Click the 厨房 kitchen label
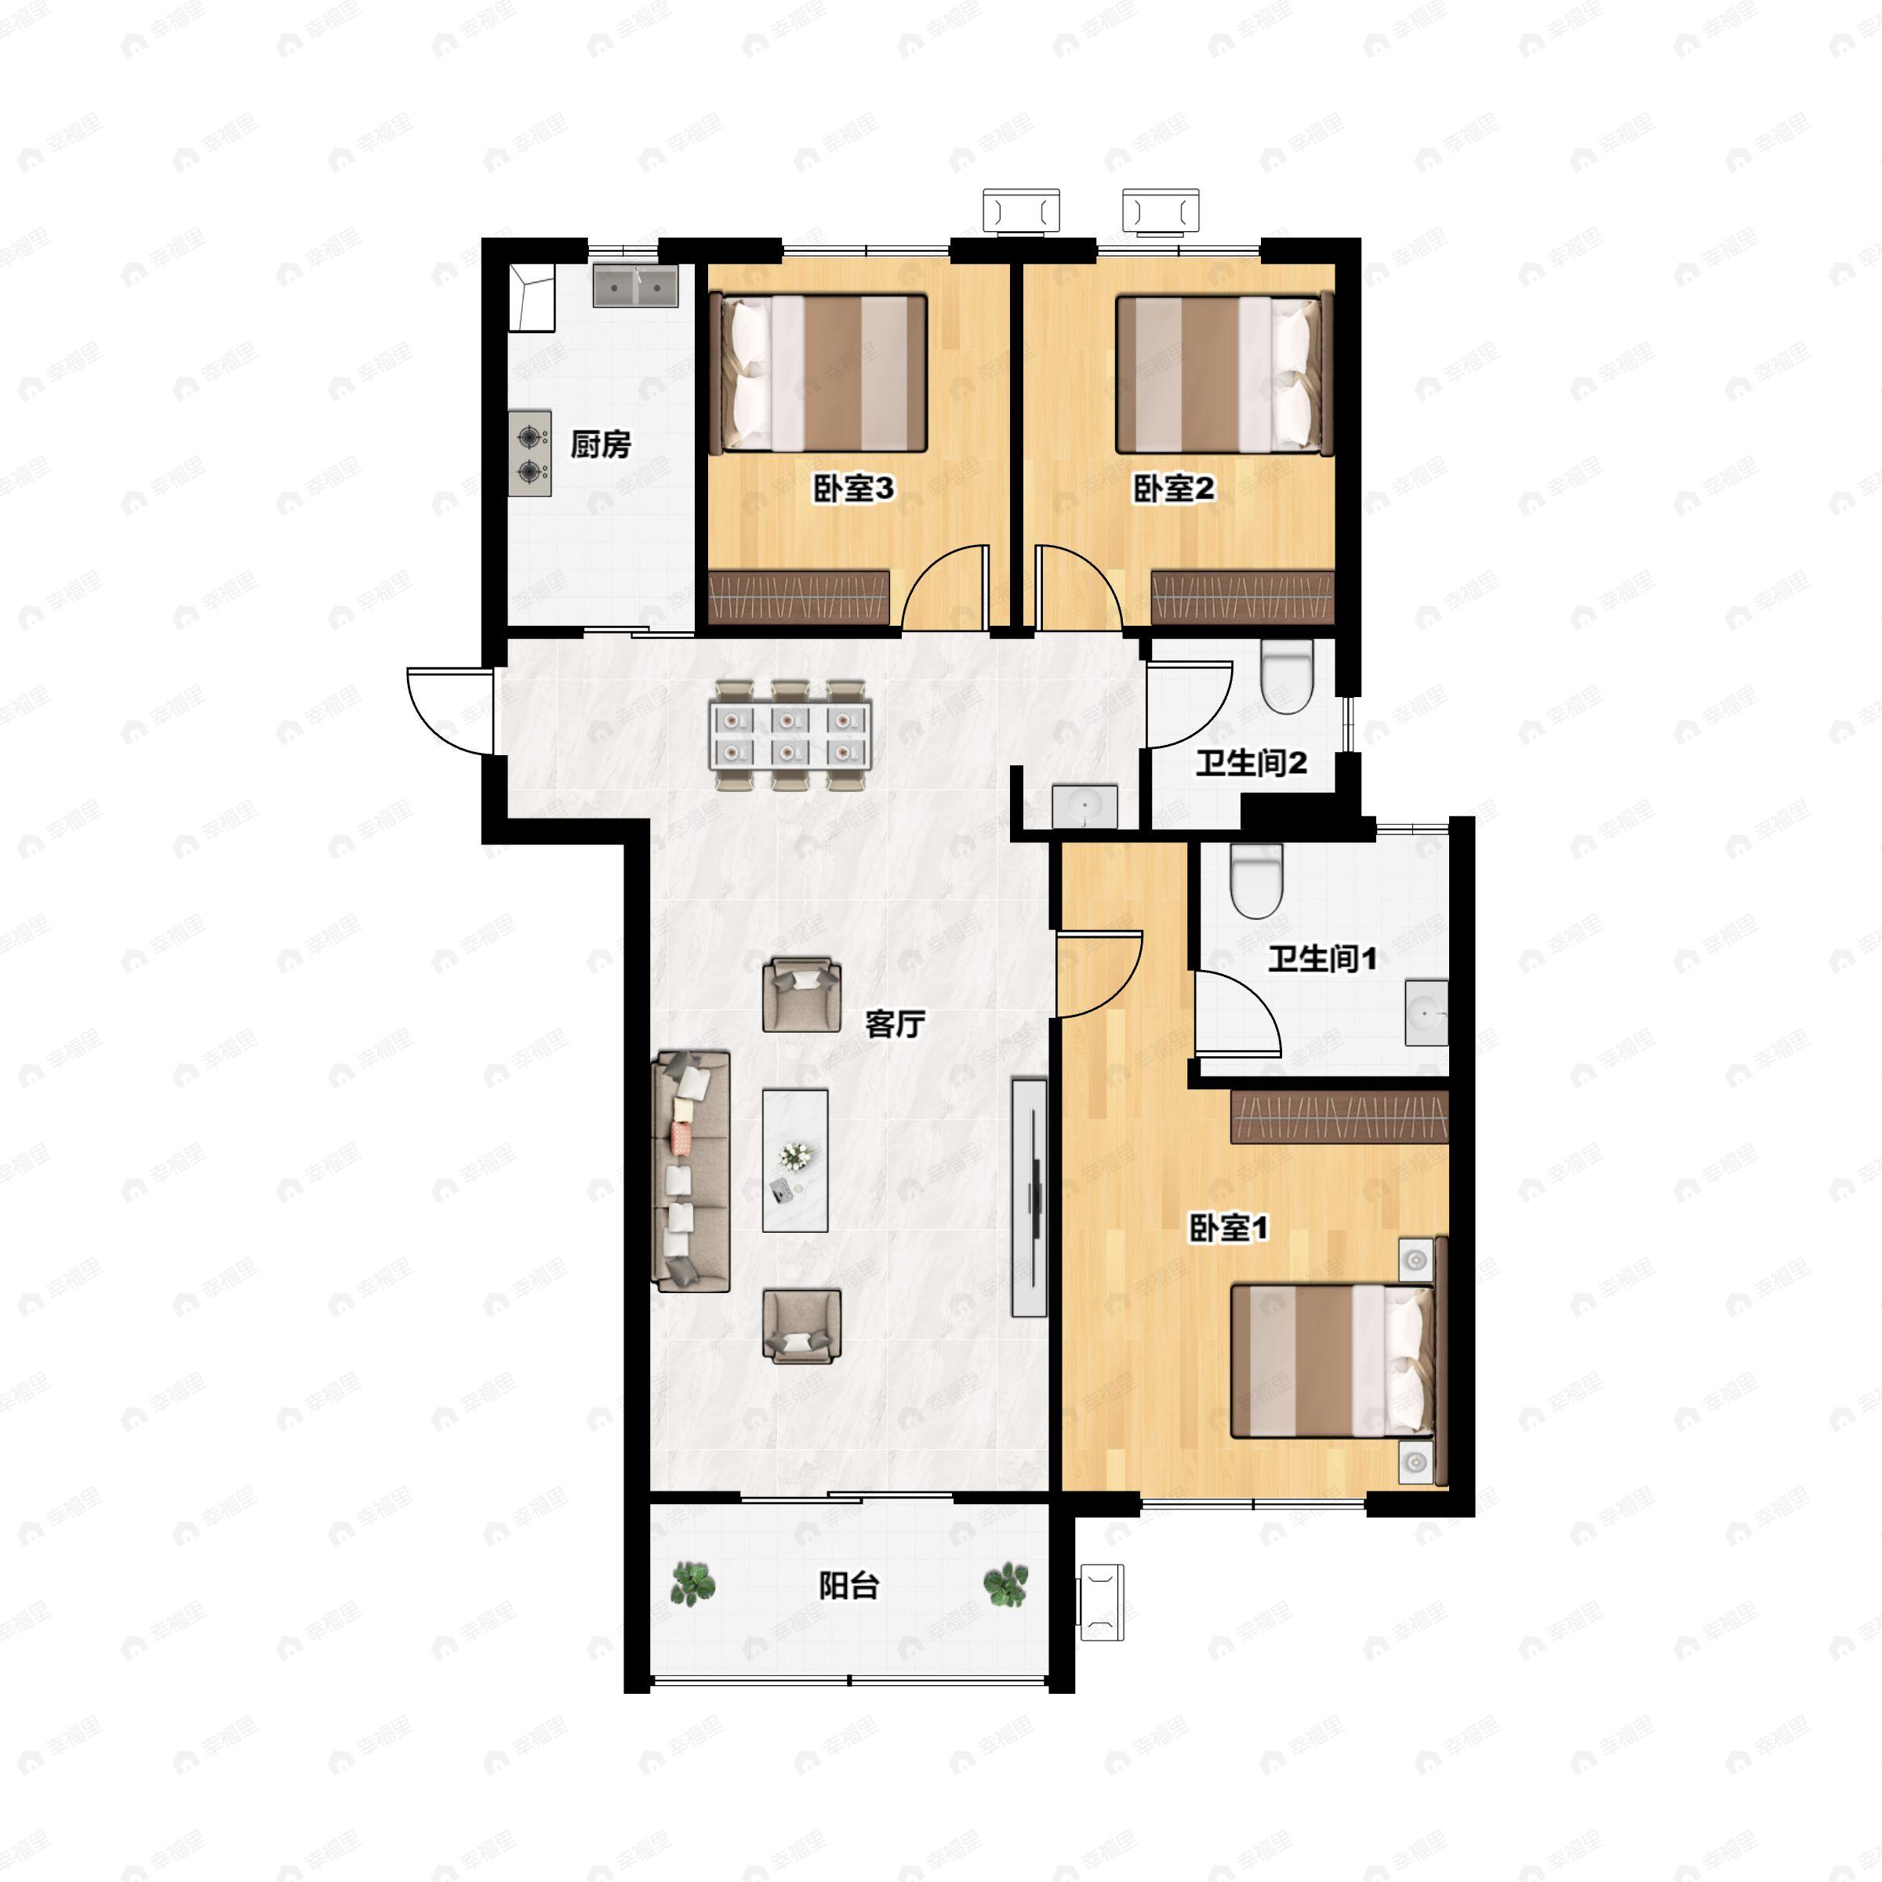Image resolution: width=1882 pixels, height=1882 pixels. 600,445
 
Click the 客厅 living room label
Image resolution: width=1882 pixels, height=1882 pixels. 894,1024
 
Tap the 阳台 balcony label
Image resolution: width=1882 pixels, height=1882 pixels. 848,1586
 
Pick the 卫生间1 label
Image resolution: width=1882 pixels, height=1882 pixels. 1322,960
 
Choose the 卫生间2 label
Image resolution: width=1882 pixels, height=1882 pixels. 1251,763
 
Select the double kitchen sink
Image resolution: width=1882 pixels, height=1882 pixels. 636,286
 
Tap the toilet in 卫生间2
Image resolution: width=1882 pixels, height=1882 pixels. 1287,676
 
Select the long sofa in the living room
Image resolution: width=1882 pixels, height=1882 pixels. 692,1171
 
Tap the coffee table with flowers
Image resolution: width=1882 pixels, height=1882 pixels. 795,1161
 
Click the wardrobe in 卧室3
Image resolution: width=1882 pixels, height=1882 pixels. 799,597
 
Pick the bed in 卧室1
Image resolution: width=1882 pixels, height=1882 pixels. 1332,1361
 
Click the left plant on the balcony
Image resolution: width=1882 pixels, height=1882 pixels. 692,1584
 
